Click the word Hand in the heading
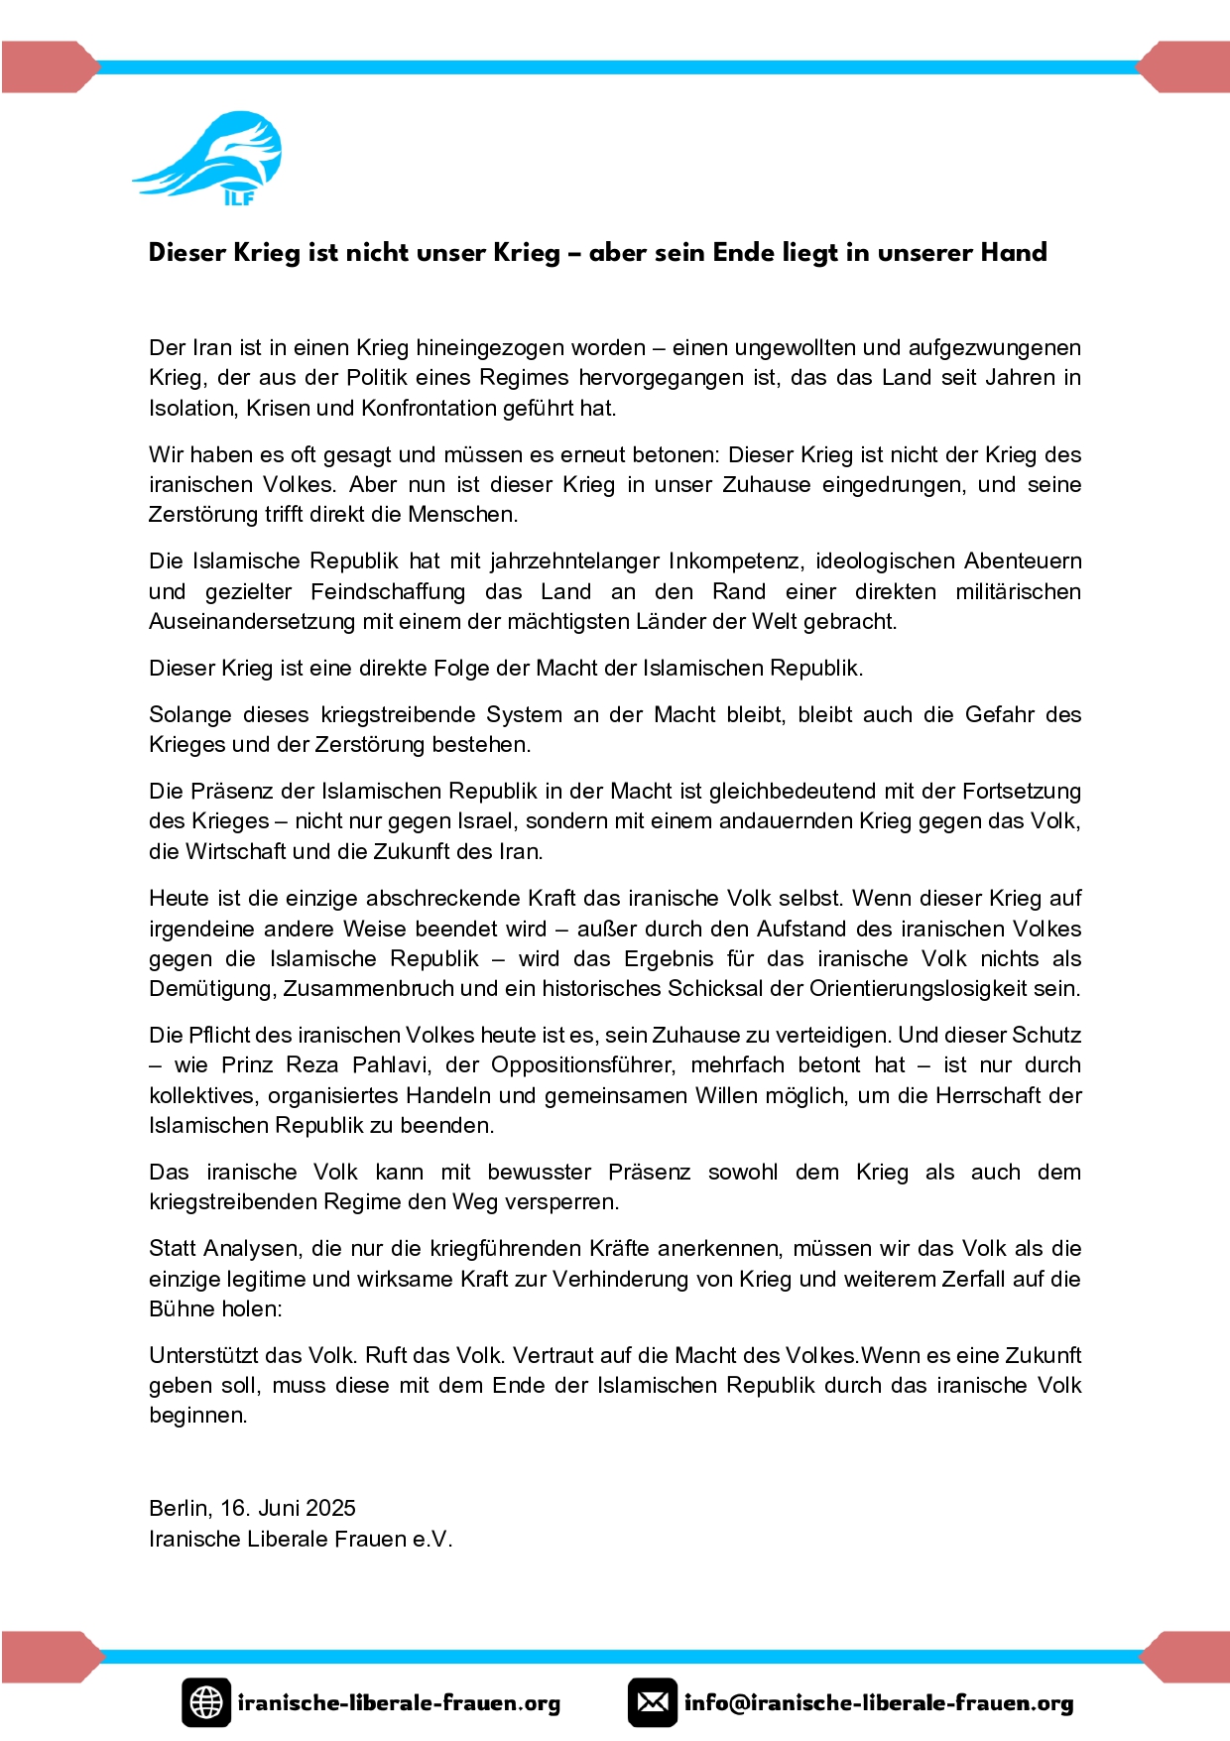point(1013,253)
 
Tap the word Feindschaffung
point(388,592)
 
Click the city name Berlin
point(179,1509)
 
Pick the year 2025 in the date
point(330,1509)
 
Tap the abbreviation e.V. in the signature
point(432,1540)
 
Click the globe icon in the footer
point(206,1702)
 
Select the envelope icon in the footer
point(653,1702)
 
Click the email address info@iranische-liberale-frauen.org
point(879,1703)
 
